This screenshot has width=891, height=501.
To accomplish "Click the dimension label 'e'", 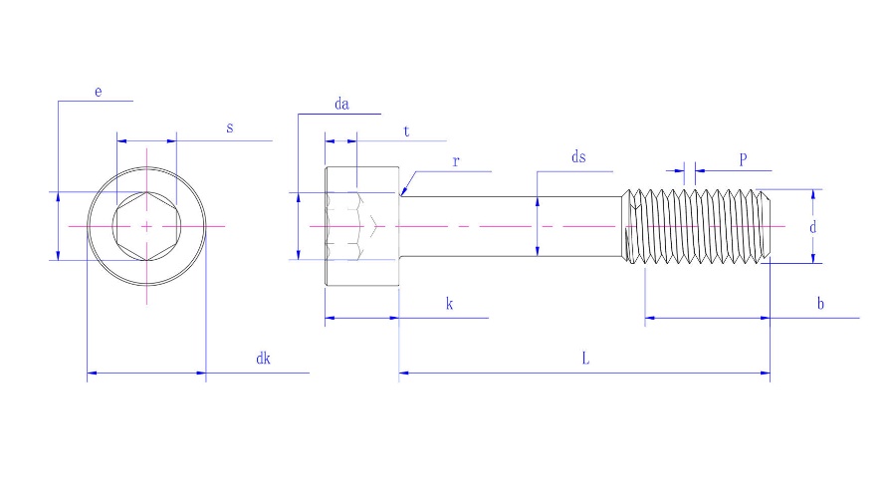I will click(x=99, y=92).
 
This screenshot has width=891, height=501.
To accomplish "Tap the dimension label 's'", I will click(x=230, y=128).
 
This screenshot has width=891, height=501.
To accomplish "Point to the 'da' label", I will click(x=342, y=104).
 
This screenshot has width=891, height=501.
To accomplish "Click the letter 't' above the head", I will click(x=406, y=131).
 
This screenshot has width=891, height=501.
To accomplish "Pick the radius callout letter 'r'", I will click(x=456, y=160).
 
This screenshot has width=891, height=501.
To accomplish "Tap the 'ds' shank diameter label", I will click(x=578, y=157).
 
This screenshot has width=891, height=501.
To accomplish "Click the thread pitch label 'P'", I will click(x=743, y=159).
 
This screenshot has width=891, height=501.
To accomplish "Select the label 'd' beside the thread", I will click(x=812, y=227).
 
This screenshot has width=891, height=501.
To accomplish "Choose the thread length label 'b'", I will click(x=820, y=304).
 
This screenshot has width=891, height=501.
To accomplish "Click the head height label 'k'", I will click(x=449, y=304).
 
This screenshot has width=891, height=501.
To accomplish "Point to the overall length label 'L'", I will click(x=585, y=360).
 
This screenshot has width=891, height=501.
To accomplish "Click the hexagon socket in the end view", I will click(x=146, y=227).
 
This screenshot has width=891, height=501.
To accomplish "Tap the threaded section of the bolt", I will click(x=697, y=227).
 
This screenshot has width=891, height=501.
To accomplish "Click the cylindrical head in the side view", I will click(x=361, y=227).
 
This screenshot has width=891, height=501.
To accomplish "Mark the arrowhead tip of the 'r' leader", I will click(x=400, y=194).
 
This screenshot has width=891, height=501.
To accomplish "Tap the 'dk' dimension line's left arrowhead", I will click(x=90, y=375).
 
